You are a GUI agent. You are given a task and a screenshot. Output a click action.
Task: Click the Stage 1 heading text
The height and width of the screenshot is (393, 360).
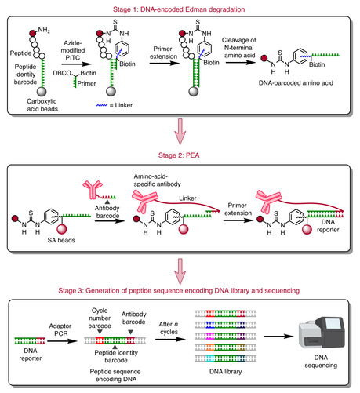tap(180, 6)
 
